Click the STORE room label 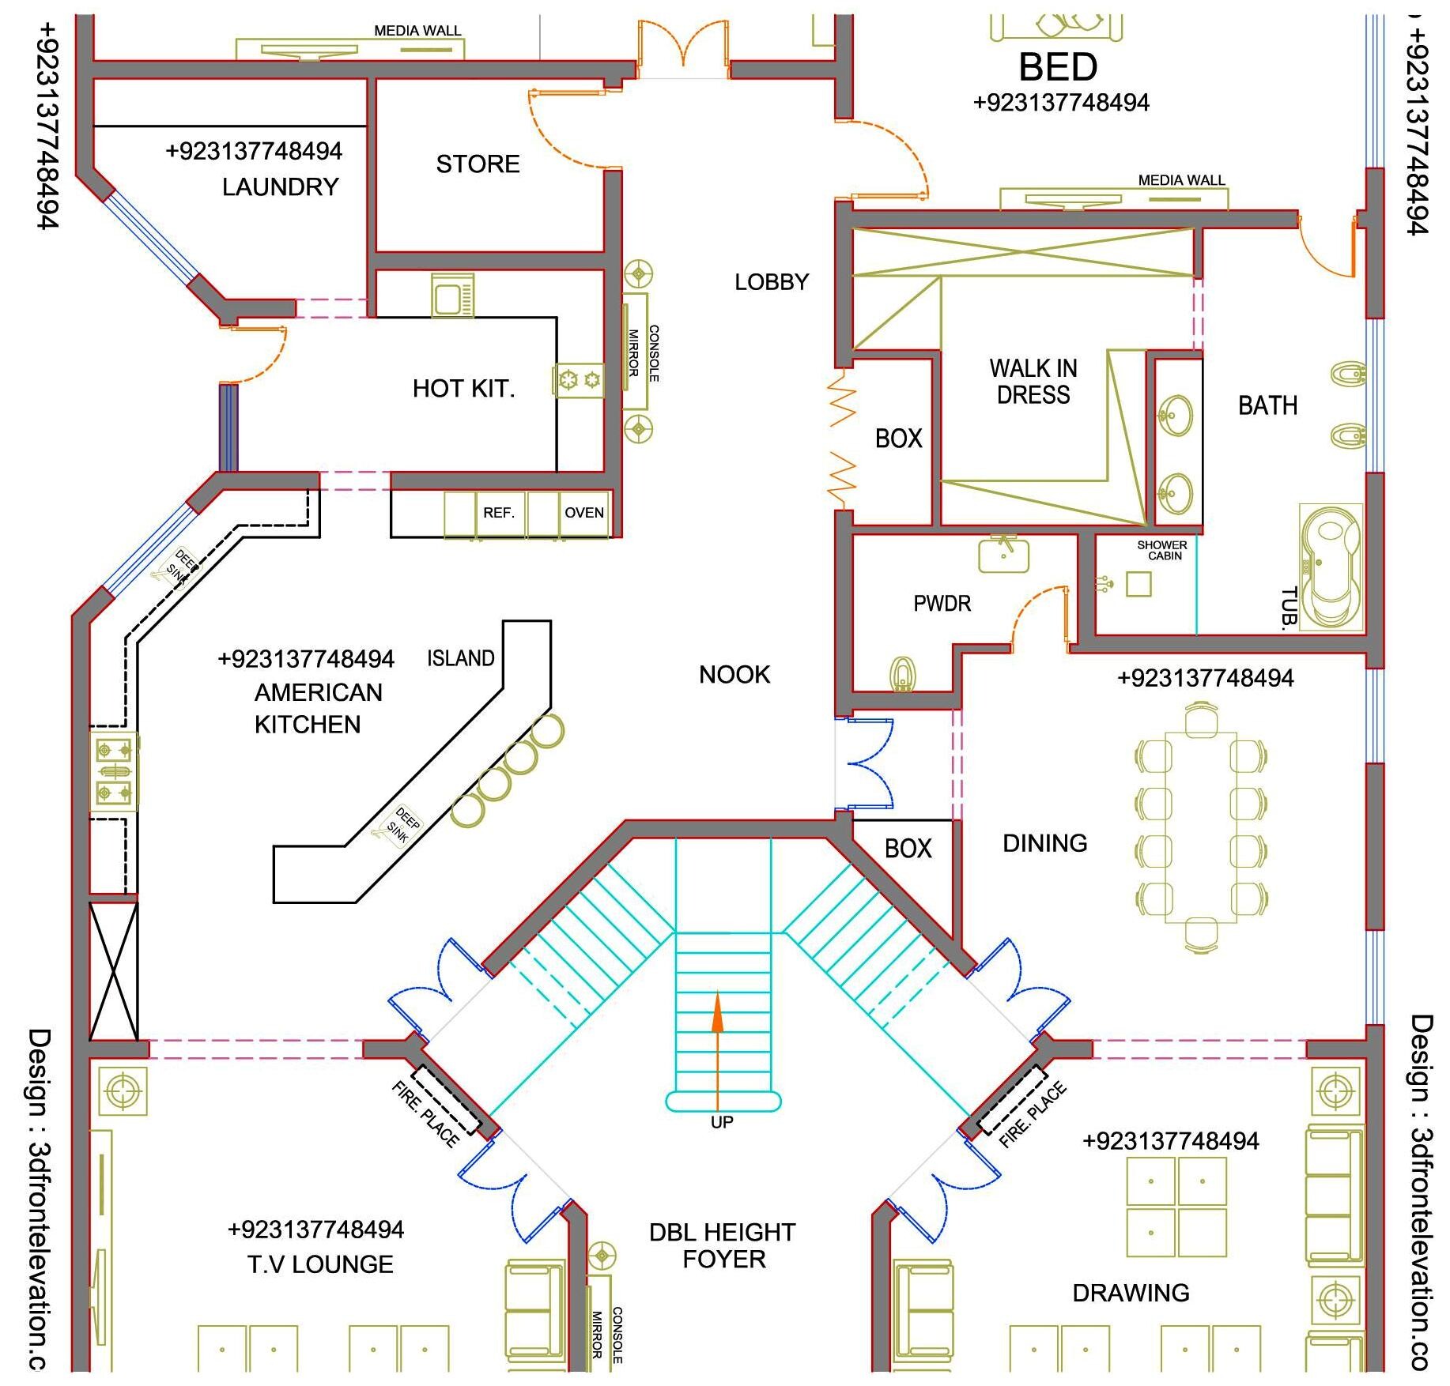(478, 164)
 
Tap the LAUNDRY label (280, 187)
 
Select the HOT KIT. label (463, 389)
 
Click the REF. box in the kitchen (498, 513)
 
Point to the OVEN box (583, 513)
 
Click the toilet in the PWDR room (903, 674)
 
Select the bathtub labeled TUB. (1331, 567)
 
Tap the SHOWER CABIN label (1161, 550)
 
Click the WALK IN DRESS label (1033, 382)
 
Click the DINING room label (1044, 843)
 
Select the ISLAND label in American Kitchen (460, 658)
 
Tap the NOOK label (734, 675)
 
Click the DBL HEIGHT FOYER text (722, 1245)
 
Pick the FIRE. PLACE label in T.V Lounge (425, 1114)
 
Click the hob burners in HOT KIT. (579, 381)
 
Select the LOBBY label (772, 282)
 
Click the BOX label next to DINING (908, 849)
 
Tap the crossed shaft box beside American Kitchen (113, 971)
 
